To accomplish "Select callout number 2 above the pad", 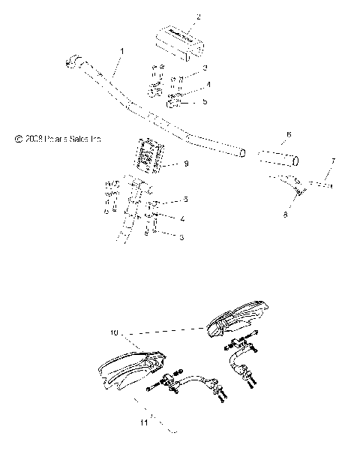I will [178, 17].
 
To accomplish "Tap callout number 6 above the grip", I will [267, 135].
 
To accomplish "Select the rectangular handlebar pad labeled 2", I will [179, 41].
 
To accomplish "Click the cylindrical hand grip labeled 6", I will [277, 158].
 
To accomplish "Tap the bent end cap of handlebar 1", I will [76, 60].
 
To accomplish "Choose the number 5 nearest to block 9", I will [185, 200].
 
